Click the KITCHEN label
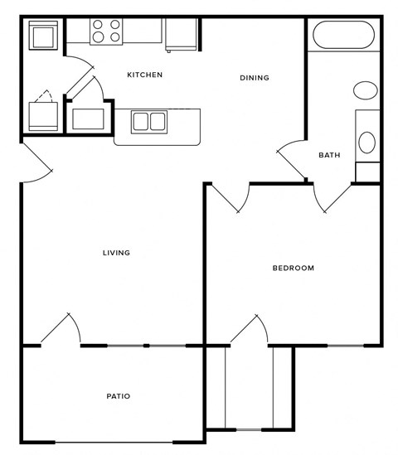pos(144,75)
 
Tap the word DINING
pos(255,78)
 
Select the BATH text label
pos(329,155)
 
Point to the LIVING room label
pos(116,253)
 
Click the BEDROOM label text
pos(294,268)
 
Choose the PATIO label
pos(118,396)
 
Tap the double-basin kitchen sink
pos(149,122)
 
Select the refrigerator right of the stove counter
pos(180,35)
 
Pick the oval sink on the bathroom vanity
pos(366,141)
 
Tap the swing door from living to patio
pos(61,329)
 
